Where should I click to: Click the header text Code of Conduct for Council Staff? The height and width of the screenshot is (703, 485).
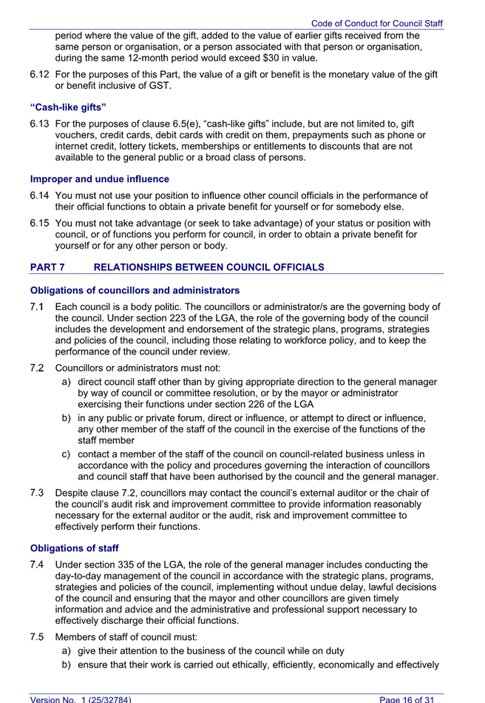(x=376, y=24)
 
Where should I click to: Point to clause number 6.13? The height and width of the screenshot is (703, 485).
(x=40, y=123)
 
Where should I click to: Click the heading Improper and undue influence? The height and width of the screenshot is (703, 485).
(x=99, y=179)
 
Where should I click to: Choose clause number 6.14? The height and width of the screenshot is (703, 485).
(x=40, y=196)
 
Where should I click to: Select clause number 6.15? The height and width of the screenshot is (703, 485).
(x=40, y=223)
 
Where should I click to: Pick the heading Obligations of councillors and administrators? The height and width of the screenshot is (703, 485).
(x=135, y=290)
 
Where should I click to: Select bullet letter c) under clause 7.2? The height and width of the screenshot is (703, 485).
(x=66, y=454)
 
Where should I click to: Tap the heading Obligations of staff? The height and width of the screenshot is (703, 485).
(x=74, y=548)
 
